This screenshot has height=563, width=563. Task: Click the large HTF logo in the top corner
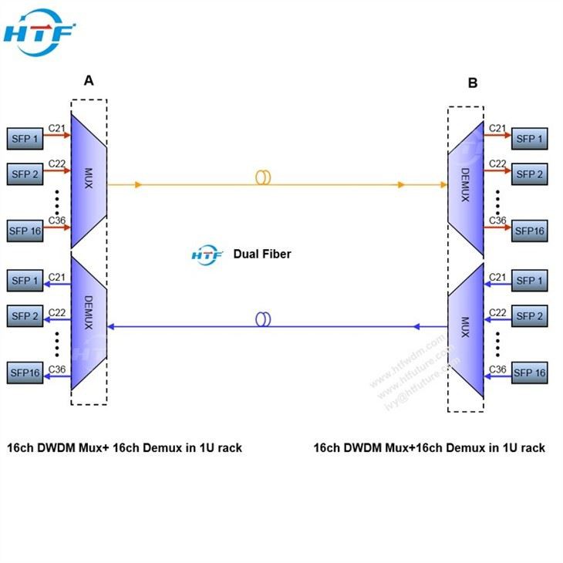point(39,33)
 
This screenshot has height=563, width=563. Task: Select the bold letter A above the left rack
point(89,80)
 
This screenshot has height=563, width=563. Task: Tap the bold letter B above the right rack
point(473,83)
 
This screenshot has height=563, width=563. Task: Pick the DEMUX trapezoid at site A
point(88,322)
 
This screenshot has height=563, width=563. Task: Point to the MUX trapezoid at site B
point(465,332)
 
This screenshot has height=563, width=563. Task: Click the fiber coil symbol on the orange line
point(263,177)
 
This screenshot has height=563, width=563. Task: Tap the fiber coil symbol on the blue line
point(263,319)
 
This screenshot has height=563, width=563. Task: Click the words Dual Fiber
point(262,254)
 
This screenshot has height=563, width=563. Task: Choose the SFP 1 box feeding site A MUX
point(25,139)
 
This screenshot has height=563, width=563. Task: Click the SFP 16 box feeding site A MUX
point(25,230)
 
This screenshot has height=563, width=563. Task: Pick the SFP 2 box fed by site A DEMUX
point(25,316)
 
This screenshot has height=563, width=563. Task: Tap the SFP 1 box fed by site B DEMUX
point(529,139)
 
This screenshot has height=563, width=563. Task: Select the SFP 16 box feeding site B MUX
point(529,373)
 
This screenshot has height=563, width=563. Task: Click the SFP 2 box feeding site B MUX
point(529,316)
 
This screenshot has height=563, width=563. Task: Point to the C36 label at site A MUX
point(56,221)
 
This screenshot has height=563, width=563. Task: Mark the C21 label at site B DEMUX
point(497,128)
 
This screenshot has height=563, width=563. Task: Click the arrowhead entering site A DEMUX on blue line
point(111,327)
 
